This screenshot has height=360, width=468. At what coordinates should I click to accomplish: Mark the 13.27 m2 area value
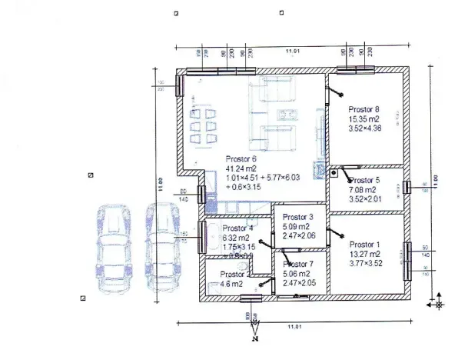coord(364,252)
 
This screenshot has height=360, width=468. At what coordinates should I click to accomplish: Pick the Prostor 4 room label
coord(238,228)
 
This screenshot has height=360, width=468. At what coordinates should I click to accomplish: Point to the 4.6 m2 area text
coord(231,284)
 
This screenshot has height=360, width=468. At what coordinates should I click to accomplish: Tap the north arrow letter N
coord(254,336)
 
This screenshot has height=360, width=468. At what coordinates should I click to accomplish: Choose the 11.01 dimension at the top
coord(292,51)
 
